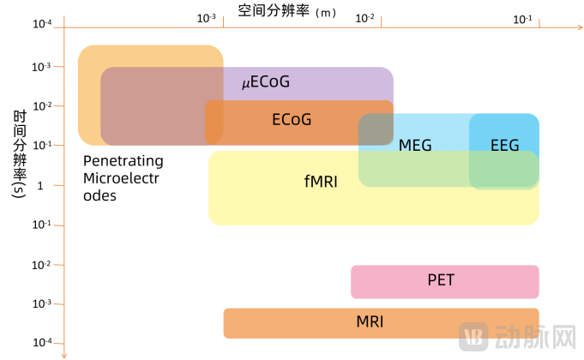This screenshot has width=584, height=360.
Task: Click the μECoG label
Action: [x=265, y=82]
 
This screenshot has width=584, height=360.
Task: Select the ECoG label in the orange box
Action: [x=292, y=119]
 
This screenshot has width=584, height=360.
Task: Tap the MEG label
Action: [x=415, y=145]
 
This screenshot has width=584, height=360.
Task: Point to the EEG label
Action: [x=504, y=145]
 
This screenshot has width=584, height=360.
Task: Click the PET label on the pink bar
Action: [x=441, y=279]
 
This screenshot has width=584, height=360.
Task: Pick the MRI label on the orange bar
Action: [x=370, y=322]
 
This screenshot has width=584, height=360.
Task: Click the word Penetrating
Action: [x=123, y=160]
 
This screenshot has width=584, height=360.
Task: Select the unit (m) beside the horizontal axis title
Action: [x=327, y=12]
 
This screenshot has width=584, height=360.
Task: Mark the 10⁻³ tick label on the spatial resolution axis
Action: [x=207, y=17]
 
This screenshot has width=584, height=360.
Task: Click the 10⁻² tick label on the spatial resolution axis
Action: [x=364, y=17]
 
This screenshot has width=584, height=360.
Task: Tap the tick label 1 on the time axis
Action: [x=38, y=185]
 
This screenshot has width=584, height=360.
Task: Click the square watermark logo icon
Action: [x=473, y=336]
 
